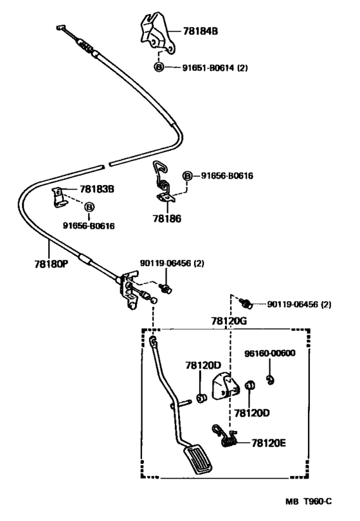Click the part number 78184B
coord(201,31)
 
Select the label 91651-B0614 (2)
coord(215,68)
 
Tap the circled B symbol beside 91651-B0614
coord(159,67)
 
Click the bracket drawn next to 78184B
coord(157,33)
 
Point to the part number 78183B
coord(96,189)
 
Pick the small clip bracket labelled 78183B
coord(59,197)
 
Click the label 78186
coord(167,218)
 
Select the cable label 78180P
coord(51,264)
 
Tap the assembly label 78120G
coord(229,321)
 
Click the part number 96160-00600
coord(270,353)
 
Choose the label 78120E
coord(269,443)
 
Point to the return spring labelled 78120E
coord(225,436)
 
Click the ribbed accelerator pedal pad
coord(197,460)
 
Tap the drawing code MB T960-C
coord(309,501)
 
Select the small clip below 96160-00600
coord(271,380)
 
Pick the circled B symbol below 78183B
coord(89,207)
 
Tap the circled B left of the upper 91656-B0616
coord(188,176)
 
